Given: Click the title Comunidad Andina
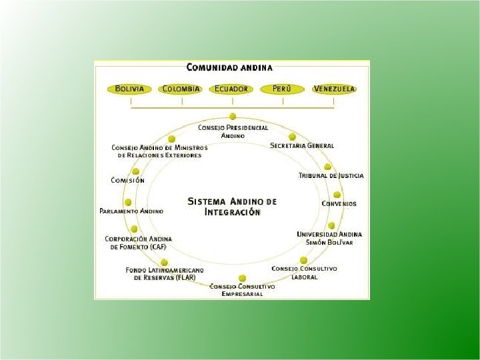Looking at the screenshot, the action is (x=229, y=67).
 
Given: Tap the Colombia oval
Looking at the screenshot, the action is (x=181, y=89).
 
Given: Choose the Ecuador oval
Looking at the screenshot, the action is (x=231, y=89).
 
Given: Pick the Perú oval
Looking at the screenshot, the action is (x=282, y=89).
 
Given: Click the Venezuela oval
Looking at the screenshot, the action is (x=334, y=89).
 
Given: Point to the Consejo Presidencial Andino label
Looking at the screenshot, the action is (x=233, y=131).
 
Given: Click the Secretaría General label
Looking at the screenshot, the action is (x=302, y=145).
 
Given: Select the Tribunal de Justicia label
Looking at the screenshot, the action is (x=331, y=175).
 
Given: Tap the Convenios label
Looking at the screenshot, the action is (x=339, y=203).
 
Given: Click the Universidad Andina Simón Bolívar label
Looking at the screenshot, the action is (x=329, y=238).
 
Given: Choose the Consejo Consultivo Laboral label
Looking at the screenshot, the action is (x=304, y=272).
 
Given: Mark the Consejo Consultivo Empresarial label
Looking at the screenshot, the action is (x=242, y=290).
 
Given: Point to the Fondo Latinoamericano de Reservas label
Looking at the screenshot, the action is (x=165, y=273).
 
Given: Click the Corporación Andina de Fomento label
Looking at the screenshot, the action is (x=139, y=243).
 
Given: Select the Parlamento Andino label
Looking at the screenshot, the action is (x=131, y=211).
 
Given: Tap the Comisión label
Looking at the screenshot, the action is (x=127, y=180).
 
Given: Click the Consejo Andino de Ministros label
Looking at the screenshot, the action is (x=159, y=151).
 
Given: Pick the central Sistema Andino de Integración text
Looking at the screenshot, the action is (x=232, y=205).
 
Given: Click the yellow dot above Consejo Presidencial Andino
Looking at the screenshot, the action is (x=233, y=117).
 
